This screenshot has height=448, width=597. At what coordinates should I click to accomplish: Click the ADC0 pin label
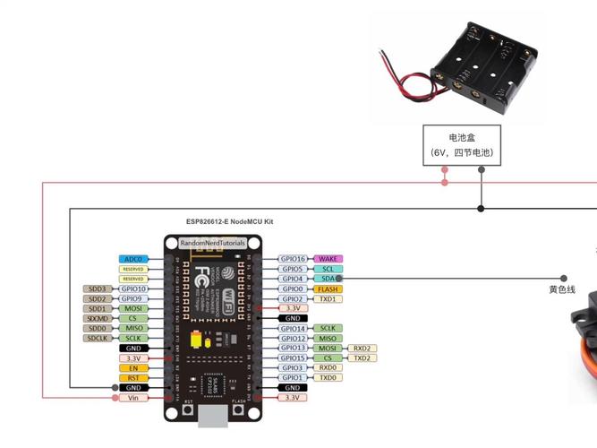pyautogui.click(x=132, y=259)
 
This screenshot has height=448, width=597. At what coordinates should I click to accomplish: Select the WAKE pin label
pyautogui.click(x=328, y=259)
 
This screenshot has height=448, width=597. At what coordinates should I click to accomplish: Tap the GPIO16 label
pyautogui.click(x=293, y=259)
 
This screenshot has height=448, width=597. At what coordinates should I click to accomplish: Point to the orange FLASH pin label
pyautogui.click(x=328, y=289)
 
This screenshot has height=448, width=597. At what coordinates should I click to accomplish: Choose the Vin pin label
pyautogui.click(x=132, y=397)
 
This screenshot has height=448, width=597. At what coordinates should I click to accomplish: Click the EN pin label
pyautogui.click(x=132, y=367)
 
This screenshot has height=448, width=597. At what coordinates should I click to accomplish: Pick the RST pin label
pyautogui.click(x=132, y=377)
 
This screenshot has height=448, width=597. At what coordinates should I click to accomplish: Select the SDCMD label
pyautogui.click(x=98, y=318)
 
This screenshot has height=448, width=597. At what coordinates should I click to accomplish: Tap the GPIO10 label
pyautogui.click(x=132, y=289)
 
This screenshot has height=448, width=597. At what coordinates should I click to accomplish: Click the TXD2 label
pyautogui.click(x=362, y=358)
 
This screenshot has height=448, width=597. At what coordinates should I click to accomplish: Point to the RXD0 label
pyautogui.click(x=328, y=367)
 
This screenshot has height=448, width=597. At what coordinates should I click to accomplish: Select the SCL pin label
pyautogui.click(x=328, y=269)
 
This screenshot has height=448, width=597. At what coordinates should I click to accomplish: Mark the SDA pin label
pyautogui.click(x=328, y=279)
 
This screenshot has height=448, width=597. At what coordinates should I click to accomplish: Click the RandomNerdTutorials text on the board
pyautogui.click(x=212, y=243)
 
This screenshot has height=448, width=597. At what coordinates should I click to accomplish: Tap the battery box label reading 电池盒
pyautogui.click(x=462, y=138)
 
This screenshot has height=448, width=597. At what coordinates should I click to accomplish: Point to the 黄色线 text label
pyautogui.click(x=562, y=289)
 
